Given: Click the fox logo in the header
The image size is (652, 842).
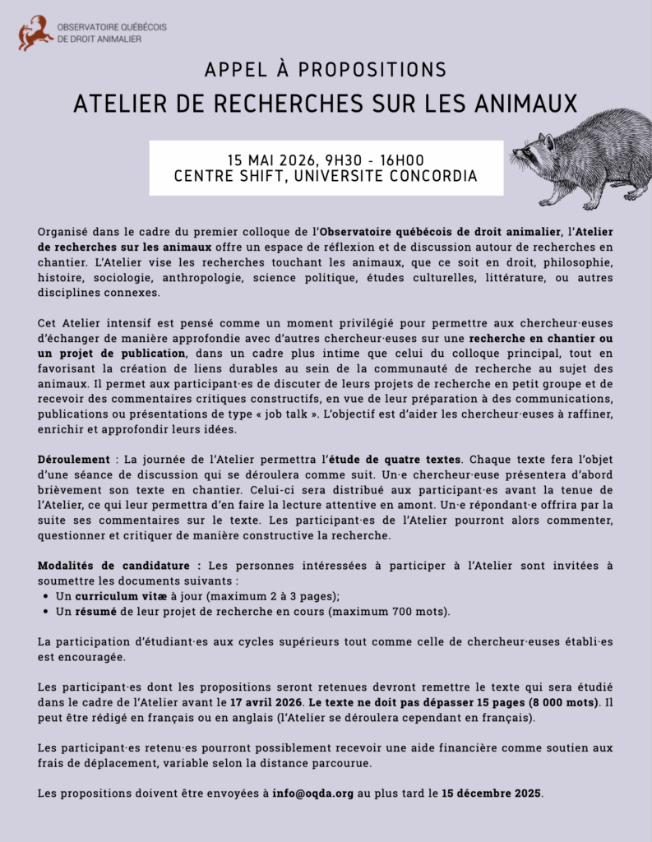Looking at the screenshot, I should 35,32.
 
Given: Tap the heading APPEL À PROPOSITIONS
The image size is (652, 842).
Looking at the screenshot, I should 326,69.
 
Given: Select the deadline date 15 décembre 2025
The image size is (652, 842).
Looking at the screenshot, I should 491,793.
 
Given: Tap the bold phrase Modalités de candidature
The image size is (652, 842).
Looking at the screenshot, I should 119,565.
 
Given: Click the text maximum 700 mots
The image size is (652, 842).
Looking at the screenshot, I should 401,611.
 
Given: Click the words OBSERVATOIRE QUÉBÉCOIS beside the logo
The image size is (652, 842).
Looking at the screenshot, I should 112,26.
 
